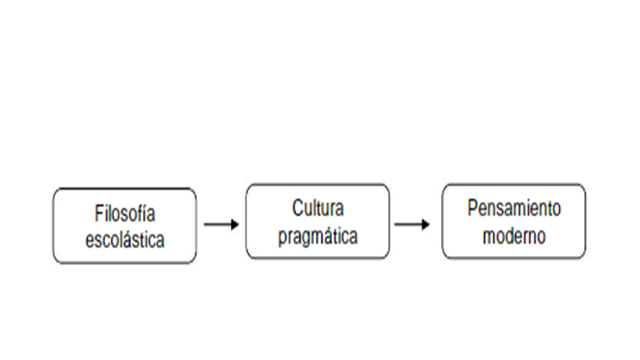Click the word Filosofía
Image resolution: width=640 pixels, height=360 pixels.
click(x=125, y=214)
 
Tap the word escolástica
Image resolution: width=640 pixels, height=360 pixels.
click(x=125, y=240)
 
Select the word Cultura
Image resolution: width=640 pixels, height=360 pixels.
click(x=318, y=210)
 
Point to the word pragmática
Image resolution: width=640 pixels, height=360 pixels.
click(x=318, y=237)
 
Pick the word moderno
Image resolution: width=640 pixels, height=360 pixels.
click(x=514, y=237)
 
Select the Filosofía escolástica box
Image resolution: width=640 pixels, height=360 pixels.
click(x=125, y=254)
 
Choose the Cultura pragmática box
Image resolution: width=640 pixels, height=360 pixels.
click(x=318, y=251)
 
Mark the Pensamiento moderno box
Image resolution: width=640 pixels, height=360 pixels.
click(x=514, y=251)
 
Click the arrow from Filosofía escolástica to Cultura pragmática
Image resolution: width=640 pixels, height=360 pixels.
click(x=220, y=224)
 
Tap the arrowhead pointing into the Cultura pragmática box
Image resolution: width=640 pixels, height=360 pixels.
click(x=235, y=224)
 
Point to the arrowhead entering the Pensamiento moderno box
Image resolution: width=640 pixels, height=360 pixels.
click(x=430, y=224)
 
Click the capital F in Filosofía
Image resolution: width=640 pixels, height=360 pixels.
click(x=99, y=214)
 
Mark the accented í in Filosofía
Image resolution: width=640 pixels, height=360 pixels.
click(x=145, y=213)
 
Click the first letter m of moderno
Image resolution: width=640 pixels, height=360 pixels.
click(x=487, y=238)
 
